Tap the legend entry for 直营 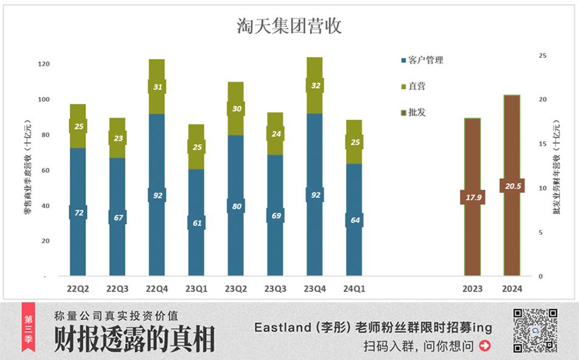tap(413, 86)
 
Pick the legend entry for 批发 tap(413, 112)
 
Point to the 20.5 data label tap(512, 186)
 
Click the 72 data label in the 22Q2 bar tap(78, 212)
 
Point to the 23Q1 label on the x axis tap(196, 289)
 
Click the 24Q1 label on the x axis tap(354, 289)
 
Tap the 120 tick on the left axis tap(43, 64)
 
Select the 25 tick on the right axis tap(543, 55)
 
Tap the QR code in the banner tap(535, 330)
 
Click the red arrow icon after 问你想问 tap(485, 346)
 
